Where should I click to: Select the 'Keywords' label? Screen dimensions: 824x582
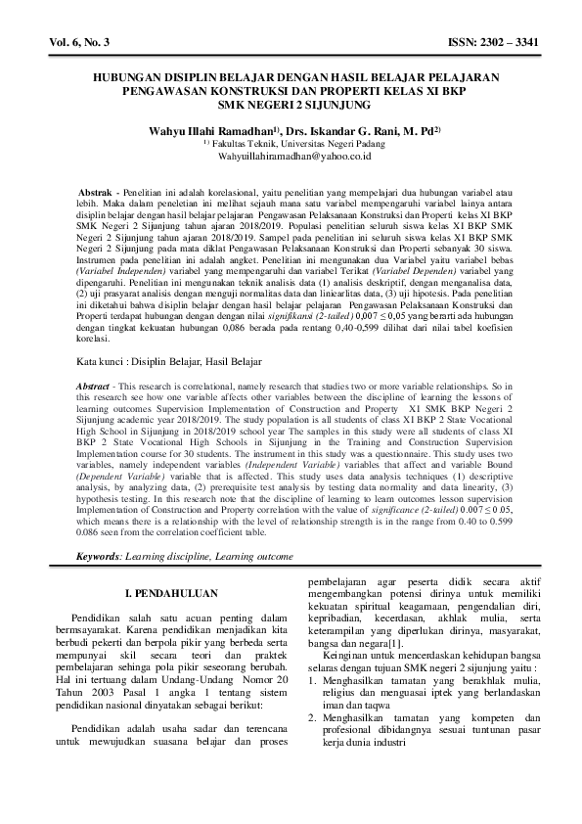(x=100, y=556)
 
